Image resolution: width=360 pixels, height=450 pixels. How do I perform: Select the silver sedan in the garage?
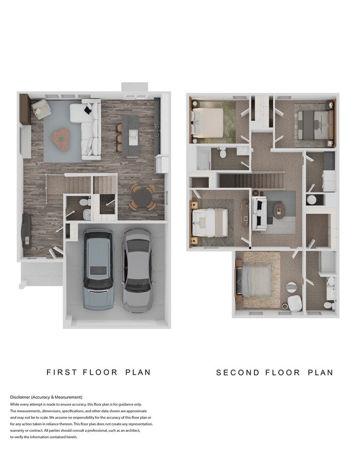[x=137, y=270]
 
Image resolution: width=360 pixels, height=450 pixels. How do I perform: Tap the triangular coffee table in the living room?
[x=62, y=139]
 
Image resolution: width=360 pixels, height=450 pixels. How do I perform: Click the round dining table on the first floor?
[x=142, y=197]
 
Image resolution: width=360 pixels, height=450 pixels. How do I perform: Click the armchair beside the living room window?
[x=41, y=109]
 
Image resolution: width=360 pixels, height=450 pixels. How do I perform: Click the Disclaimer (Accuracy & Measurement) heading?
[x=46, y=397]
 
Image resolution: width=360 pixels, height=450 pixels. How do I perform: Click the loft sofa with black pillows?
[x=259, y=213]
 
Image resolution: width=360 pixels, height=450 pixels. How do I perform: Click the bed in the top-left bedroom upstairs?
[x=209, y=121]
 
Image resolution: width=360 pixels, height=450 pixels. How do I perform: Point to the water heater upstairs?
[x=312, y=199]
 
